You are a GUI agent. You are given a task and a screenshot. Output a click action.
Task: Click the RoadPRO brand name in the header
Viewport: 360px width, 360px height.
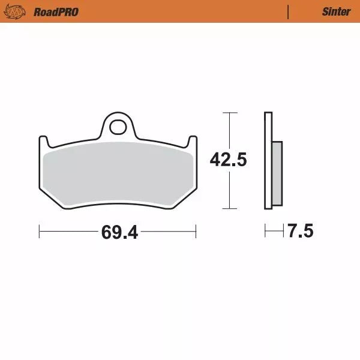click(56, 11)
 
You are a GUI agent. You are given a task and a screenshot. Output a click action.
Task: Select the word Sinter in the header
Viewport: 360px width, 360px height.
click(336, 11)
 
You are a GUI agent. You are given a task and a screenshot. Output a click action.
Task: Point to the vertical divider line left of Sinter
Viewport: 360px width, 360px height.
click(289, 11)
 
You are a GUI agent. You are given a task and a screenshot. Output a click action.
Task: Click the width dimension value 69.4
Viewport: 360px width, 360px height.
click(119, 232)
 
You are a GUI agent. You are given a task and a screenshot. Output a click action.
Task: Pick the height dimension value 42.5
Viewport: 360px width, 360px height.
click(228, 160)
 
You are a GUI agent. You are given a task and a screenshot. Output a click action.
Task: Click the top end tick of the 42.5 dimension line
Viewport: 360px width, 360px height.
click(227, 113)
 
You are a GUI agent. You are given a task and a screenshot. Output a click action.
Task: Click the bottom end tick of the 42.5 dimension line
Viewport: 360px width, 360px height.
click(227, 209)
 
